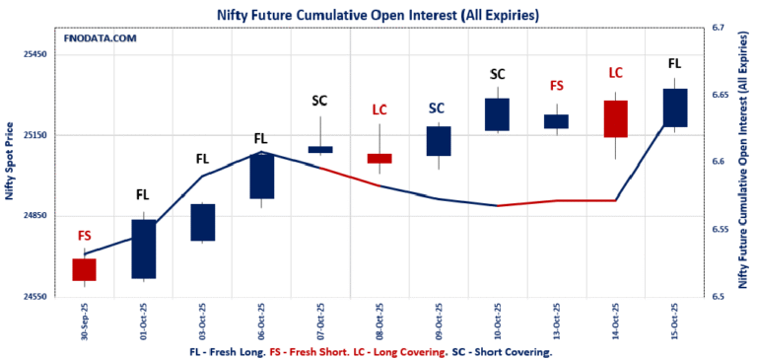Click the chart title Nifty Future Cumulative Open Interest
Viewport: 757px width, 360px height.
[378, 14]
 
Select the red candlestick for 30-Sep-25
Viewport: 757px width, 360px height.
[84, 269]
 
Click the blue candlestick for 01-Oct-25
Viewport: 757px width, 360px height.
[144, 249]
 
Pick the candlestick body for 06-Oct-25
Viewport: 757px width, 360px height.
[261, 176]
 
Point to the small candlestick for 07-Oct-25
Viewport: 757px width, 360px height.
[320, 149]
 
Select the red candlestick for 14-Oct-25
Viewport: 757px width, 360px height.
[616, 118]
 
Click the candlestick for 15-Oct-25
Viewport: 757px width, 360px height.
[675, 108]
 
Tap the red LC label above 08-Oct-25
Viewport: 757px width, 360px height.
[379, 109]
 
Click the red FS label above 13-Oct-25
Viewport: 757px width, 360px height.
[557, 86]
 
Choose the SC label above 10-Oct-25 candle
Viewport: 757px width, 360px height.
[498, 74]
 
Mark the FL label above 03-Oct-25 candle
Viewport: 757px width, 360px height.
[202, 158]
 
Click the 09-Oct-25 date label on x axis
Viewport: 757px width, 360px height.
[439, 321]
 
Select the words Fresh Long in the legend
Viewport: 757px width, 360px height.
[237, 351]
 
